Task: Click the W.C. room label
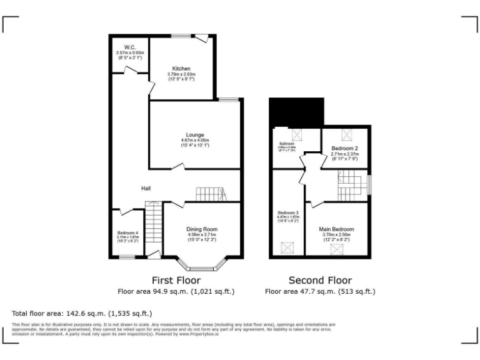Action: point(130,47)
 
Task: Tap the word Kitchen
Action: point(181,69)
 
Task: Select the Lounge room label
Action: point(194,134)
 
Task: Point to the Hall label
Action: point(146,188)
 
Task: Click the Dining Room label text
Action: point(202,229)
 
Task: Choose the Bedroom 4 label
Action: point(127,232)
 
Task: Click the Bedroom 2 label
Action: point(344,148)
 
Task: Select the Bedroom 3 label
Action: point(288,212)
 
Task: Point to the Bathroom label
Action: point(287,143)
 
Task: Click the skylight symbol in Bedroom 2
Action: point(345,133)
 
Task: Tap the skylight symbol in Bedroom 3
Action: point(288,249)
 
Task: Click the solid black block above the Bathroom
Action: point(296,111)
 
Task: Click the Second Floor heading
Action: point(319,280)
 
